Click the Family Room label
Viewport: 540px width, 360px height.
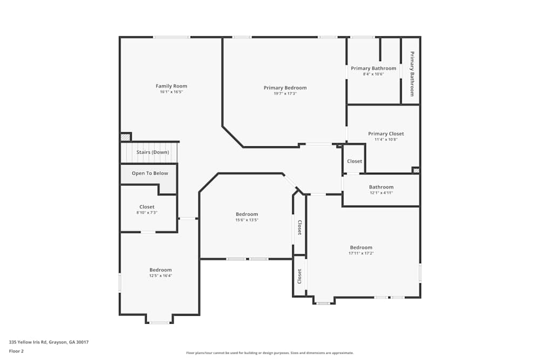tap(171, 86)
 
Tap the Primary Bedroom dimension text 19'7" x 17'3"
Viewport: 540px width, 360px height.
tap(285, 94)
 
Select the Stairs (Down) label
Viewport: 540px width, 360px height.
tap(152, 152)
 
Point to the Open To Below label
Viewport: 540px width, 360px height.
tap(150, 173)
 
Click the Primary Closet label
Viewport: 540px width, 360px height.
tap(386, 134)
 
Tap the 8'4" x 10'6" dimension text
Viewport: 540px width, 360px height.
tap(373, 74)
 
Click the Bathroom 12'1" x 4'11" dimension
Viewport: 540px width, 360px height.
tap(381, 193)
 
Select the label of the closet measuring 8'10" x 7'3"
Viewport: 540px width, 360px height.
tap(146, 207)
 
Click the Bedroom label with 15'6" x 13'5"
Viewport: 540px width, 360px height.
tap(246, 214)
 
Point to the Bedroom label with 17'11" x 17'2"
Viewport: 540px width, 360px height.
tap(361, 248)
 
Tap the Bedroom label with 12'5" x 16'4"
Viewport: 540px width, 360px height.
tap(160, 270)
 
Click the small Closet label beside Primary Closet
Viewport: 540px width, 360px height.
tap(354, 161)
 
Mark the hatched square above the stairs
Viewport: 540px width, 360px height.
tap(125, 137)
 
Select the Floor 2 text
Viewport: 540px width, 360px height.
tap(16, 351)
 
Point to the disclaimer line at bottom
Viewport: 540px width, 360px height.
tap(269, 352)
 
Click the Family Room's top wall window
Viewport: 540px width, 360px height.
tap(171, 37)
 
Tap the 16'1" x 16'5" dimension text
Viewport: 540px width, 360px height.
tap(171, 92)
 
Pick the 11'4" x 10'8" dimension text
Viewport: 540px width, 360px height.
tap(386, 139)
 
